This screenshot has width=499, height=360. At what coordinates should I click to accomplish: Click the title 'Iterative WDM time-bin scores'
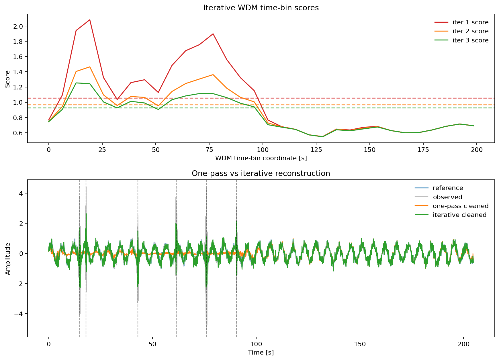tap(261, 8)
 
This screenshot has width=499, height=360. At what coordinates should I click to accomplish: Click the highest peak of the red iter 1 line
tap(90, 20)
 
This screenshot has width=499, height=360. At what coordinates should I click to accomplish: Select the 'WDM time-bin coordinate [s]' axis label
tap(261, 158)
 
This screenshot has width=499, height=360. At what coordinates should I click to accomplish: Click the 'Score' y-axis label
tap(7, 79)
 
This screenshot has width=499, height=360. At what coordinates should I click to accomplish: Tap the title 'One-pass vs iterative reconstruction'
tap(261, 173)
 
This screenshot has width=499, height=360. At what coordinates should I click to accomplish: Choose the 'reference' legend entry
tap(448, 188)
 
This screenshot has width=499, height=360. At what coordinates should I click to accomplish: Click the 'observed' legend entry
tap(447, 197)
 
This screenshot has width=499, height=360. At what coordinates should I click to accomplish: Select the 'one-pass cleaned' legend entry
tap(460, 206)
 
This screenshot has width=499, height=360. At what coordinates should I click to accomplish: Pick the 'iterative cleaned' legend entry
tap(459, 215)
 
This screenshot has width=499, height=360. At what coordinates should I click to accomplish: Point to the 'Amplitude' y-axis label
tap(8, 259)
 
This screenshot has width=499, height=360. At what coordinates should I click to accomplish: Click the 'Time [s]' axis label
tap(261, 353)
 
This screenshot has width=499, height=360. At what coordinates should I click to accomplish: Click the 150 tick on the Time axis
tap(360, 344)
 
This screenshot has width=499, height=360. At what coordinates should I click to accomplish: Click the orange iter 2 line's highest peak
tap(90, 67)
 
